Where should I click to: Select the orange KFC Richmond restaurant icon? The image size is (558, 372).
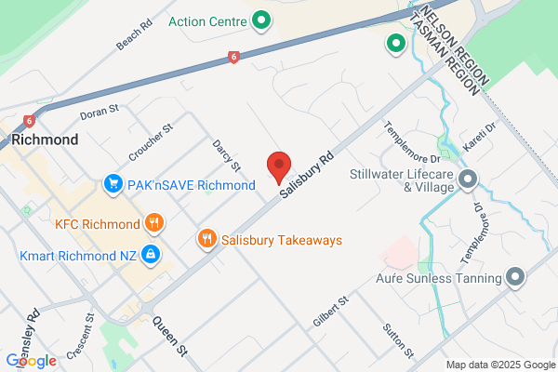pos(155,223)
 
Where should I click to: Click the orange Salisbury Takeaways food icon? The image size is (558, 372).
pos(208,239)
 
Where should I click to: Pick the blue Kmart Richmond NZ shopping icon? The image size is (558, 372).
pos(149,254)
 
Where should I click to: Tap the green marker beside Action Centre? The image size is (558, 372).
pos(262,19)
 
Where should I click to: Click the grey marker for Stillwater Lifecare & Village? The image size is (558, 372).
pos(468,179)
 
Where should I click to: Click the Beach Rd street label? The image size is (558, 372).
pos(134,36)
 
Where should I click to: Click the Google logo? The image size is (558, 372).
pos(31,361)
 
